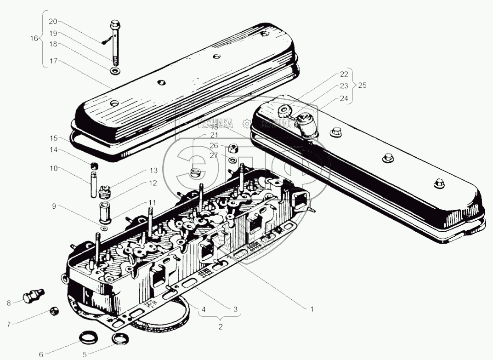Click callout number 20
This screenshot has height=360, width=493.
[x=53, y=22]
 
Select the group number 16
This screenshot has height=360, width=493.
[x=34, y=39]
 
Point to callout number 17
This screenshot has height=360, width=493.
[x=53, y=61]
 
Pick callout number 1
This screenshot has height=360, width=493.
[x=312, y=309]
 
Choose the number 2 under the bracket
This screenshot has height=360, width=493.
[x=220, y=327]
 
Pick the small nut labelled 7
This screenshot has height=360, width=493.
[x=54, y=311]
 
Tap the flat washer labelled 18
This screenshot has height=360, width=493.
[x=114, y=71]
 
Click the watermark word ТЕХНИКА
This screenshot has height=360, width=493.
[x=215, y=123]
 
